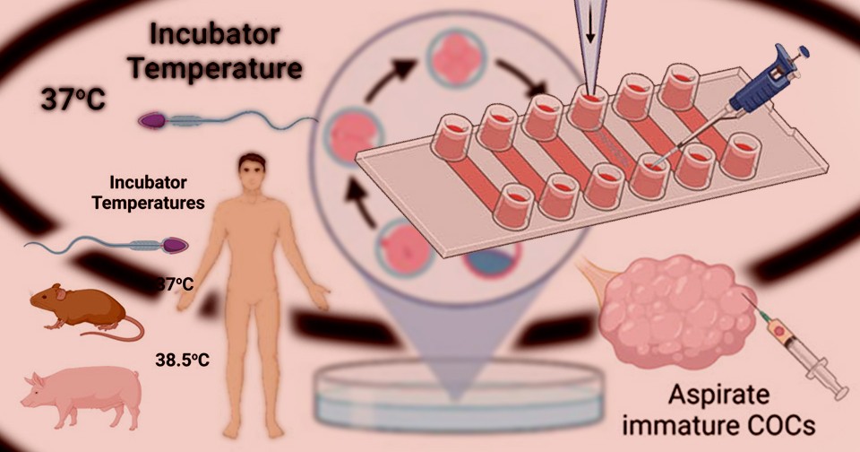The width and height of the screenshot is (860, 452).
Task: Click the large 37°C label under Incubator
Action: coord(73,100)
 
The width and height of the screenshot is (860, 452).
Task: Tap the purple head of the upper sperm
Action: coord(150,118)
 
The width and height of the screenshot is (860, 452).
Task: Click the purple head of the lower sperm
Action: coord(176,244)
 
